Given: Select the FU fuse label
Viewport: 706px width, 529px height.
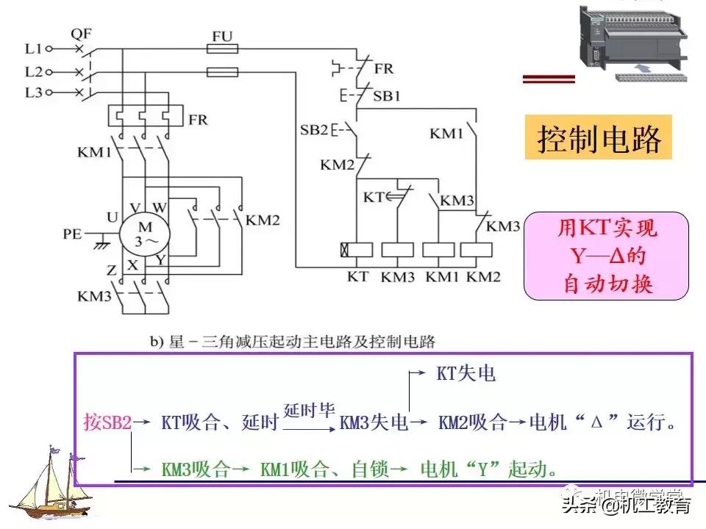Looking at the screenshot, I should [222, 35].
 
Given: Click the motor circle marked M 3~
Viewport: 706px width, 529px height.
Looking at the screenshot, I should [146, 234].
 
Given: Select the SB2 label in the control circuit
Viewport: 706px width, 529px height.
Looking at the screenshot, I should [314, 131].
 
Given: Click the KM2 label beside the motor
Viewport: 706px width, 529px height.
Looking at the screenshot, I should [263, 219].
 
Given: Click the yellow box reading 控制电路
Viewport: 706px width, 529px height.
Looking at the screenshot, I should [599, 138].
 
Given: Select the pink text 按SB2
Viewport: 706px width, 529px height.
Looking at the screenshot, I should [107, 423].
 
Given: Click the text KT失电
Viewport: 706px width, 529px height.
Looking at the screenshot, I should [466, 374].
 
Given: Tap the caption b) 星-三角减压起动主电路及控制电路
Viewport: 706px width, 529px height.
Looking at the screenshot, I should [293, 341].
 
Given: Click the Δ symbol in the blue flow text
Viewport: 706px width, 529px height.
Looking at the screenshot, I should [597, 423].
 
